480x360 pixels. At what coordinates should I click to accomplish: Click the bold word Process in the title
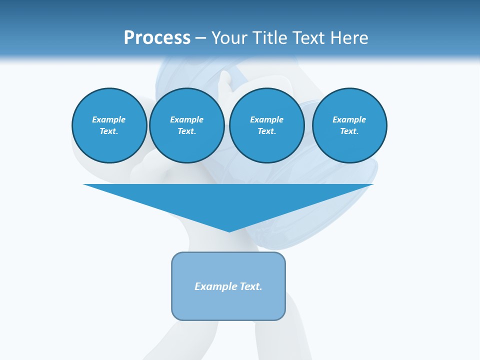(157, 38)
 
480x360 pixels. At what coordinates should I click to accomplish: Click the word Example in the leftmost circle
(109, 119)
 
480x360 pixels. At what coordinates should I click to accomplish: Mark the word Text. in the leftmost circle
(109, 131)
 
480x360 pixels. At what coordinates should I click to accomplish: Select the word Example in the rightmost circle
(349, 119)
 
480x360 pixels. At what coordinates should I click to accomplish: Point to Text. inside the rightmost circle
(349, 131)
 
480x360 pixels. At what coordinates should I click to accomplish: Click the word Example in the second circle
(186, 119)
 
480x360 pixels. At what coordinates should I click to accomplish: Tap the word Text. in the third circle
(266, 131)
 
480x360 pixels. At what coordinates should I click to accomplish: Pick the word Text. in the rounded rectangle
(251, 286)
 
